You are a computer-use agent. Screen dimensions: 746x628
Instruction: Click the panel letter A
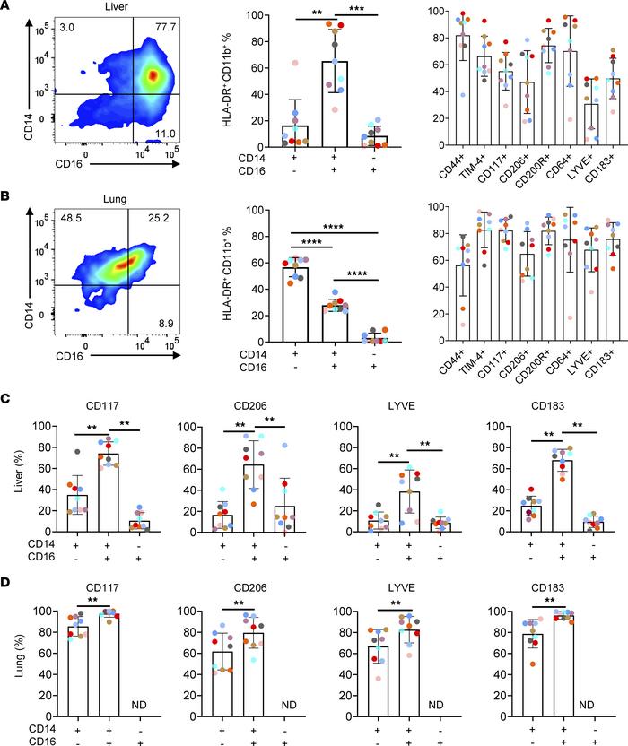[x=7, y=8]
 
